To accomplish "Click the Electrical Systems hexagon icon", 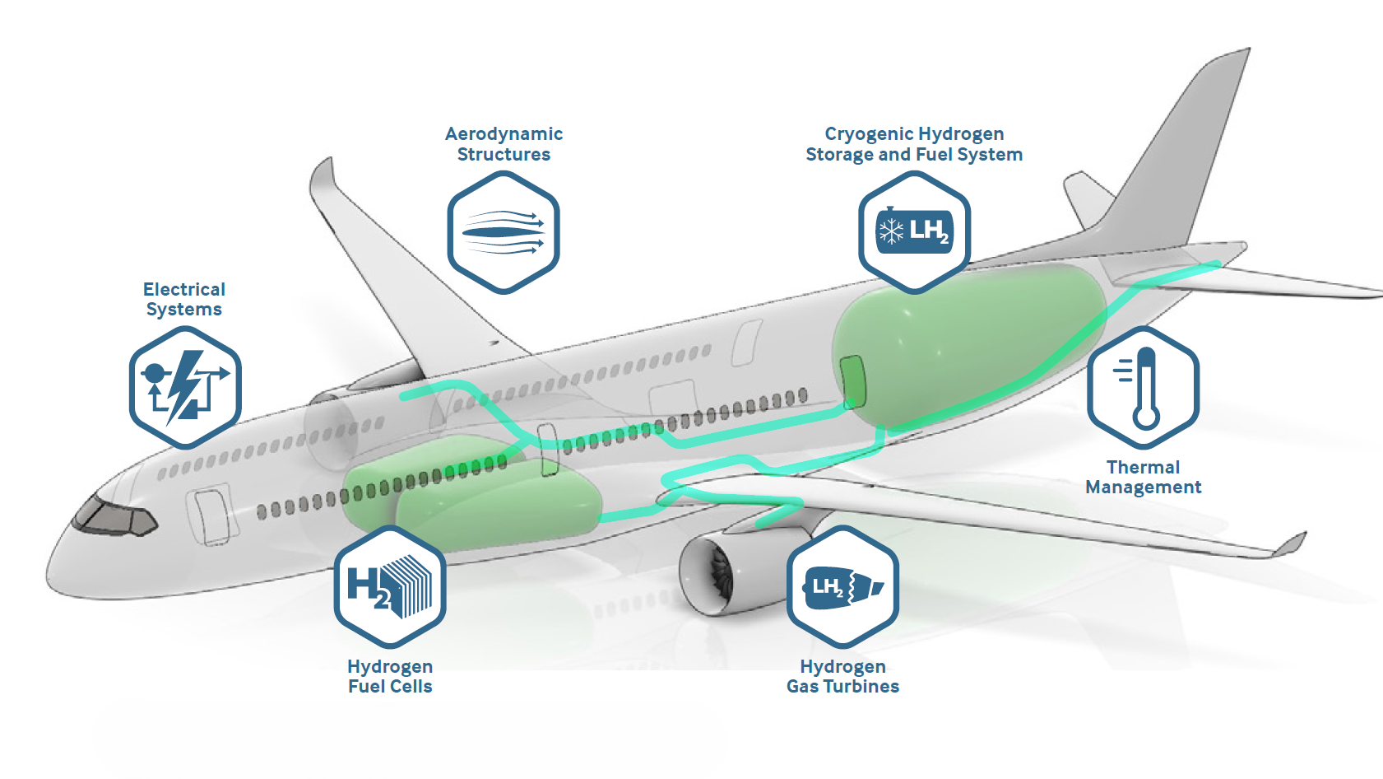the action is point(185,387).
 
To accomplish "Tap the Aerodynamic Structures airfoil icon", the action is point(504,232).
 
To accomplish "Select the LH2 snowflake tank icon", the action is point(914,232).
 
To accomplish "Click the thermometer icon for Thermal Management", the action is point(1143,387).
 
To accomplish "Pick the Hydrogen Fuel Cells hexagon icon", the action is point(390,586).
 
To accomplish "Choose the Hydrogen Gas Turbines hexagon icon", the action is point(842,586).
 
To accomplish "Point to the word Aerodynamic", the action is point(504,135).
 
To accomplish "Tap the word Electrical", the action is point(184,289).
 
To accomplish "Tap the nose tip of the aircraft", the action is point(49,577).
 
